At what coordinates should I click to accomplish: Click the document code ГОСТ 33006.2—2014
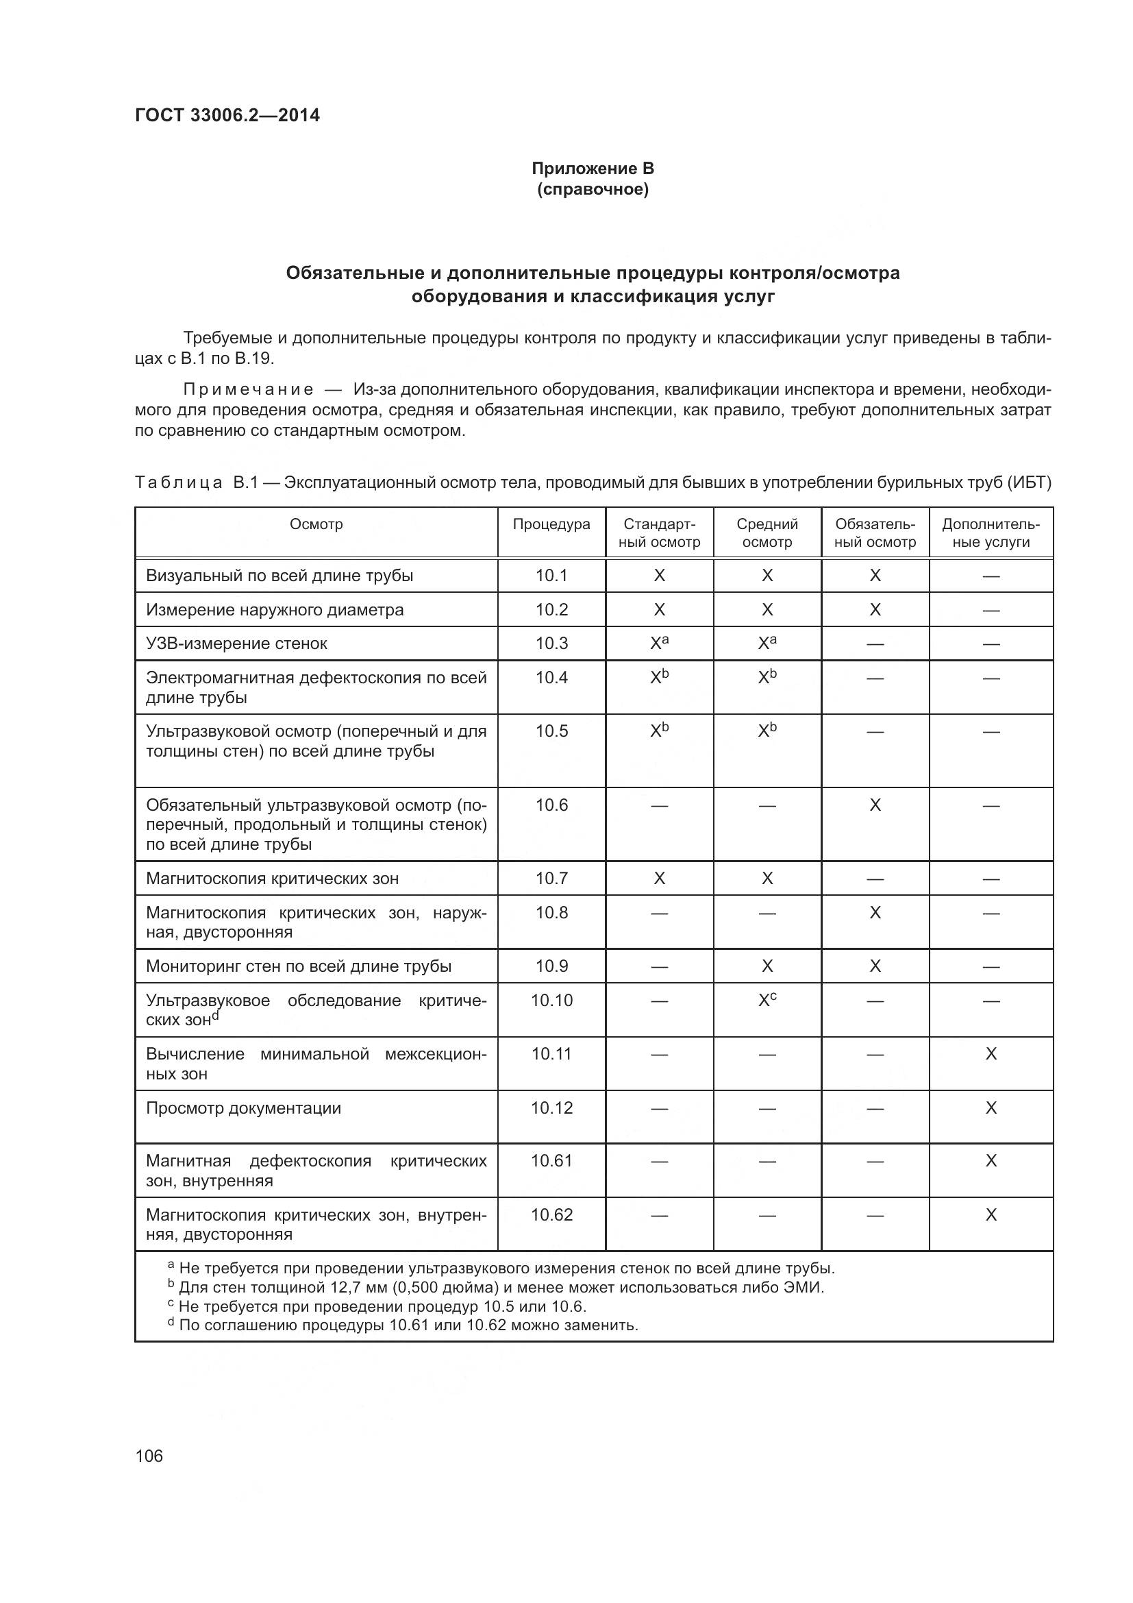click(x=227, y=115)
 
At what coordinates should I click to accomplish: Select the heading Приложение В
click(x=593, y=169)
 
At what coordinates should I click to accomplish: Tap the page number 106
click(x=149, y=1456)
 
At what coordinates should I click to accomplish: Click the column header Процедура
click(x=551, y=524)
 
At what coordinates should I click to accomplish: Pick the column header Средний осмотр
click(x=767, y=533)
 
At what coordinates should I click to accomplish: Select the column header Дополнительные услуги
click(x=991, y=533)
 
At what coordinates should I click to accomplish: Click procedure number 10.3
click(x=551, y=643)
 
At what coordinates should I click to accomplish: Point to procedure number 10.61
click(x=551, y=1160)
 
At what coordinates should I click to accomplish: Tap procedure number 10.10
click(x=551, y=1000)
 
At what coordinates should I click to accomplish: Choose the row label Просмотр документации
click(x=243, y=1108)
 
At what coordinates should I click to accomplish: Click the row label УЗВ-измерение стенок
click(x=236, y=643)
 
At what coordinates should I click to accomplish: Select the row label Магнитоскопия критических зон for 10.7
click(x=272, y=879)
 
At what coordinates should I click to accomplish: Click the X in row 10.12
click(x=991, y=1108)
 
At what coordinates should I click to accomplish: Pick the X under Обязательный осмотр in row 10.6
click(x=875, y=805)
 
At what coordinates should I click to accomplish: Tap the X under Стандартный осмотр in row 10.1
click(x=659, y=575)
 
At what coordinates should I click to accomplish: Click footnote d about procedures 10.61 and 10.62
click(x=405, y=1325)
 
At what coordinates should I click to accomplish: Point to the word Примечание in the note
click(x=249, y=389)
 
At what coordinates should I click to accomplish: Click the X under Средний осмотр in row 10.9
click(x=767, y=966)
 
